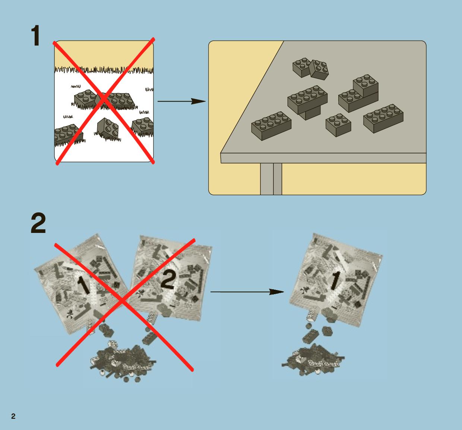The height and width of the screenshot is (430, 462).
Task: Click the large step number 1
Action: click(36, 36)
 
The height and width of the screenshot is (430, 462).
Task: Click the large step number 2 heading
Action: click(38, 223)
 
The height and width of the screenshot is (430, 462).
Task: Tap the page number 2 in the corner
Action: click(13, 416)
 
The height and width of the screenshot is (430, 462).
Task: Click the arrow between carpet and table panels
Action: click(181, 102)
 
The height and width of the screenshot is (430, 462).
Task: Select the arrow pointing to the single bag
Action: click(247, 292)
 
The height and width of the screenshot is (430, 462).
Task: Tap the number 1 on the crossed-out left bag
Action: click(84, 284)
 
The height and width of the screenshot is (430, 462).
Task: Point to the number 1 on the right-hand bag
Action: click(335, 280)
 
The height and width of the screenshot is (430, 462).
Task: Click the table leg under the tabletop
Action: click(271, 179)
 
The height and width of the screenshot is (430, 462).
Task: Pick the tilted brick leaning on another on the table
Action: click(319, 70)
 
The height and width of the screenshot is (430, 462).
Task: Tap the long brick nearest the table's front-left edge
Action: click(271, 126)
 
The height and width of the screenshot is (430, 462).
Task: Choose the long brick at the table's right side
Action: click(383, 118)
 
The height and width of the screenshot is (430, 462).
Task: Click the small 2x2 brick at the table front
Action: click(338, 125)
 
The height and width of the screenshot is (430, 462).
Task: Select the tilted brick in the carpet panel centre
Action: click(108, 128)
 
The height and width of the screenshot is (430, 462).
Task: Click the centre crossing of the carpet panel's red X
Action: click(104, 99)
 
